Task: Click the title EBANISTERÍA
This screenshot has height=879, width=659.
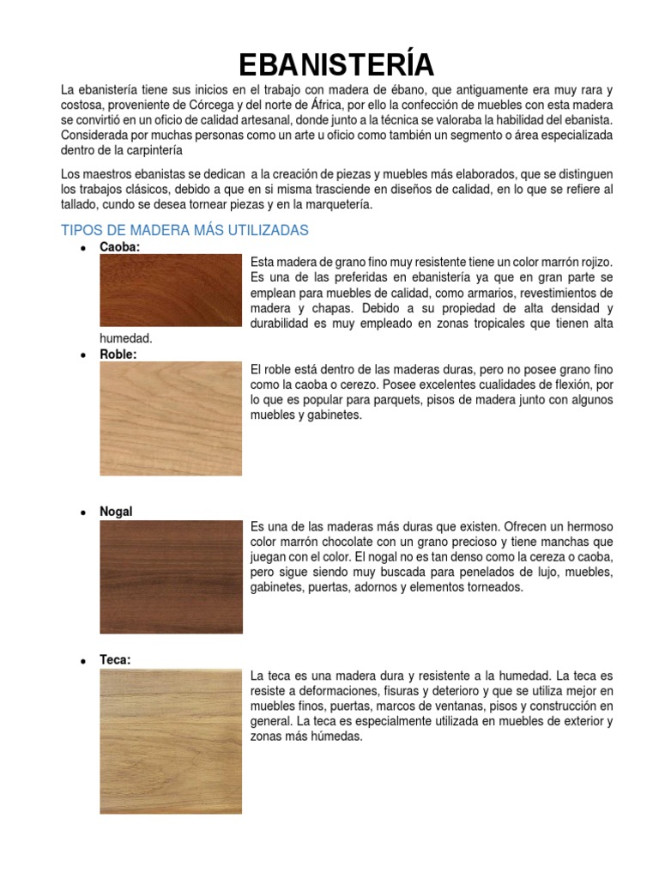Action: coord(336,64)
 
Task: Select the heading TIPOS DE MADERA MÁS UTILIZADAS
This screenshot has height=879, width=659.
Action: coord(184,230)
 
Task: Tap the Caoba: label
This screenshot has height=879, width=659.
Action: coord(119,247)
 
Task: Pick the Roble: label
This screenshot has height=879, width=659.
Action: coord(118,354)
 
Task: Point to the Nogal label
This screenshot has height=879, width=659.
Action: coord(116,512)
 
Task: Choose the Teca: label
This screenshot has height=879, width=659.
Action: coord(115,660)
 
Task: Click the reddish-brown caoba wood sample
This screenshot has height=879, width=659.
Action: coord(171,290)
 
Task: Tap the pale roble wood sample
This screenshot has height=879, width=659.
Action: coord(171,418)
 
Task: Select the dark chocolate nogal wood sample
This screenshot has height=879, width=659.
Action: coord(171,577)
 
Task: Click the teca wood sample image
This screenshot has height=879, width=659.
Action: coord(171,742)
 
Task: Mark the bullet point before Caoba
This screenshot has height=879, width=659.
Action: coord(82,248)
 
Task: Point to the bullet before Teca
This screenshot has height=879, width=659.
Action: coord(82,661)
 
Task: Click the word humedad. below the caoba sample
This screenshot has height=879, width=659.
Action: coord(126,339)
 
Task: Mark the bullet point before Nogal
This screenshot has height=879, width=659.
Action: coord(82,512)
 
